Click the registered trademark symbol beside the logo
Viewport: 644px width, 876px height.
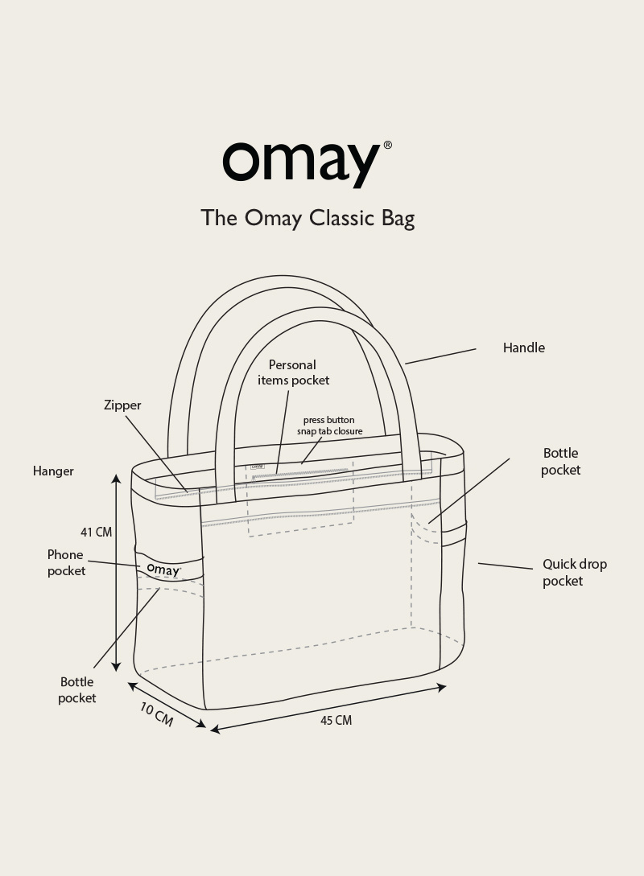[387, 146]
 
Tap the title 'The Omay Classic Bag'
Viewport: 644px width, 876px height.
[308, 218]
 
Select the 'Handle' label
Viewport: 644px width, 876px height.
[523, 348]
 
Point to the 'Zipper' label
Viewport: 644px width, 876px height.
[122, 405]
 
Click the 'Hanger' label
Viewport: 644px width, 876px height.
[53, 471]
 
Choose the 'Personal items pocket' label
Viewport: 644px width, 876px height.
[293, 372]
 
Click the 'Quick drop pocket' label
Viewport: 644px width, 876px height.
[574, 573]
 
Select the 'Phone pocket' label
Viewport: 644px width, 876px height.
[66, 563]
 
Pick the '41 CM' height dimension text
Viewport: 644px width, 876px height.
[96, 533]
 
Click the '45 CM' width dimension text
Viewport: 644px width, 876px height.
[336, 721]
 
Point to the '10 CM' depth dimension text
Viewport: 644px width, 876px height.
[156, 714]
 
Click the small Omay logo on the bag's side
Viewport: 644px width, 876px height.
[163, 570]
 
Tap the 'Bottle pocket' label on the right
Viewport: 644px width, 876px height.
[560, 462]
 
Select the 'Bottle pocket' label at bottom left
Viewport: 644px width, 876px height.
[76, 690]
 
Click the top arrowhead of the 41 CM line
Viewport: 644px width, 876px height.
[116, 479]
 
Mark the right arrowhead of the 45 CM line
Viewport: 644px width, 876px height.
[441, 687]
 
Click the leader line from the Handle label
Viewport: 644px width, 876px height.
[440, 356]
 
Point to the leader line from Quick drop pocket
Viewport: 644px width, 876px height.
[506, 566]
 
